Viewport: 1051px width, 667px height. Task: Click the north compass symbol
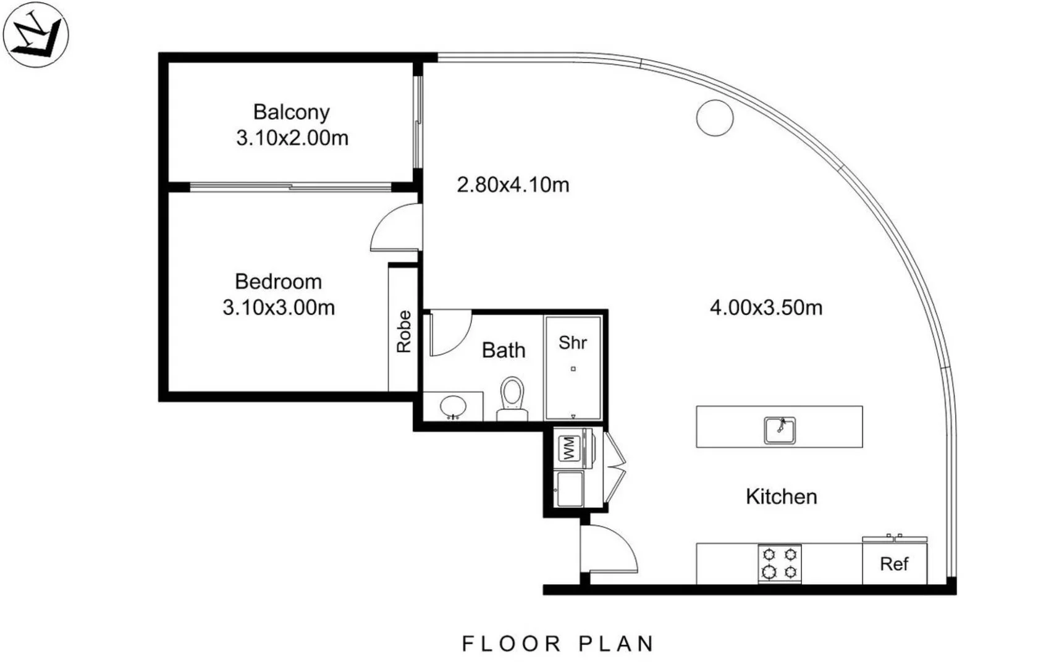click(35, 35)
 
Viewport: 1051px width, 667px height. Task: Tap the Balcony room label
click(292, 112)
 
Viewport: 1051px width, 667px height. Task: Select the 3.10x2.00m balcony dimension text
click(292, 138)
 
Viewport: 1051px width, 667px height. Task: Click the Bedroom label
click(278, 282)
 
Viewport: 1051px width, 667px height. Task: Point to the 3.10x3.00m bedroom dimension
click(279, 308)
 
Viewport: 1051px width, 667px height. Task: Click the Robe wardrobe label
click(403, 332)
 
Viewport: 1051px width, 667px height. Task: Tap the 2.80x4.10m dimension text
click(513, 185)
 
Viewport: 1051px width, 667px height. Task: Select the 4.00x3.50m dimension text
click(766, 308)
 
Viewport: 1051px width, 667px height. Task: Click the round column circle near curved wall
click(715, 117)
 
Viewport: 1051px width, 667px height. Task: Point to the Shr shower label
click(573, 343)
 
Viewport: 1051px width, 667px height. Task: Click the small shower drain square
click(573, 369)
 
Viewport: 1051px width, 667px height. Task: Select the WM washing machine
click(568, 448)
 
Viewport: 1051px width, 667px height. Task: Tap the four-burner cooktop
click(780, 563)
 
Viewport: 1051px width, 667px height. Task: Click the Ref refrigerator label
click(894, 564)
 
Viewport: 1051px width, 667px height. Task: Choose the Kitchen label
click(781, 497)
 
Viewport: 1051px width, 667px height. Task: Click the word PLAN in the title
click(616, 644)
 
